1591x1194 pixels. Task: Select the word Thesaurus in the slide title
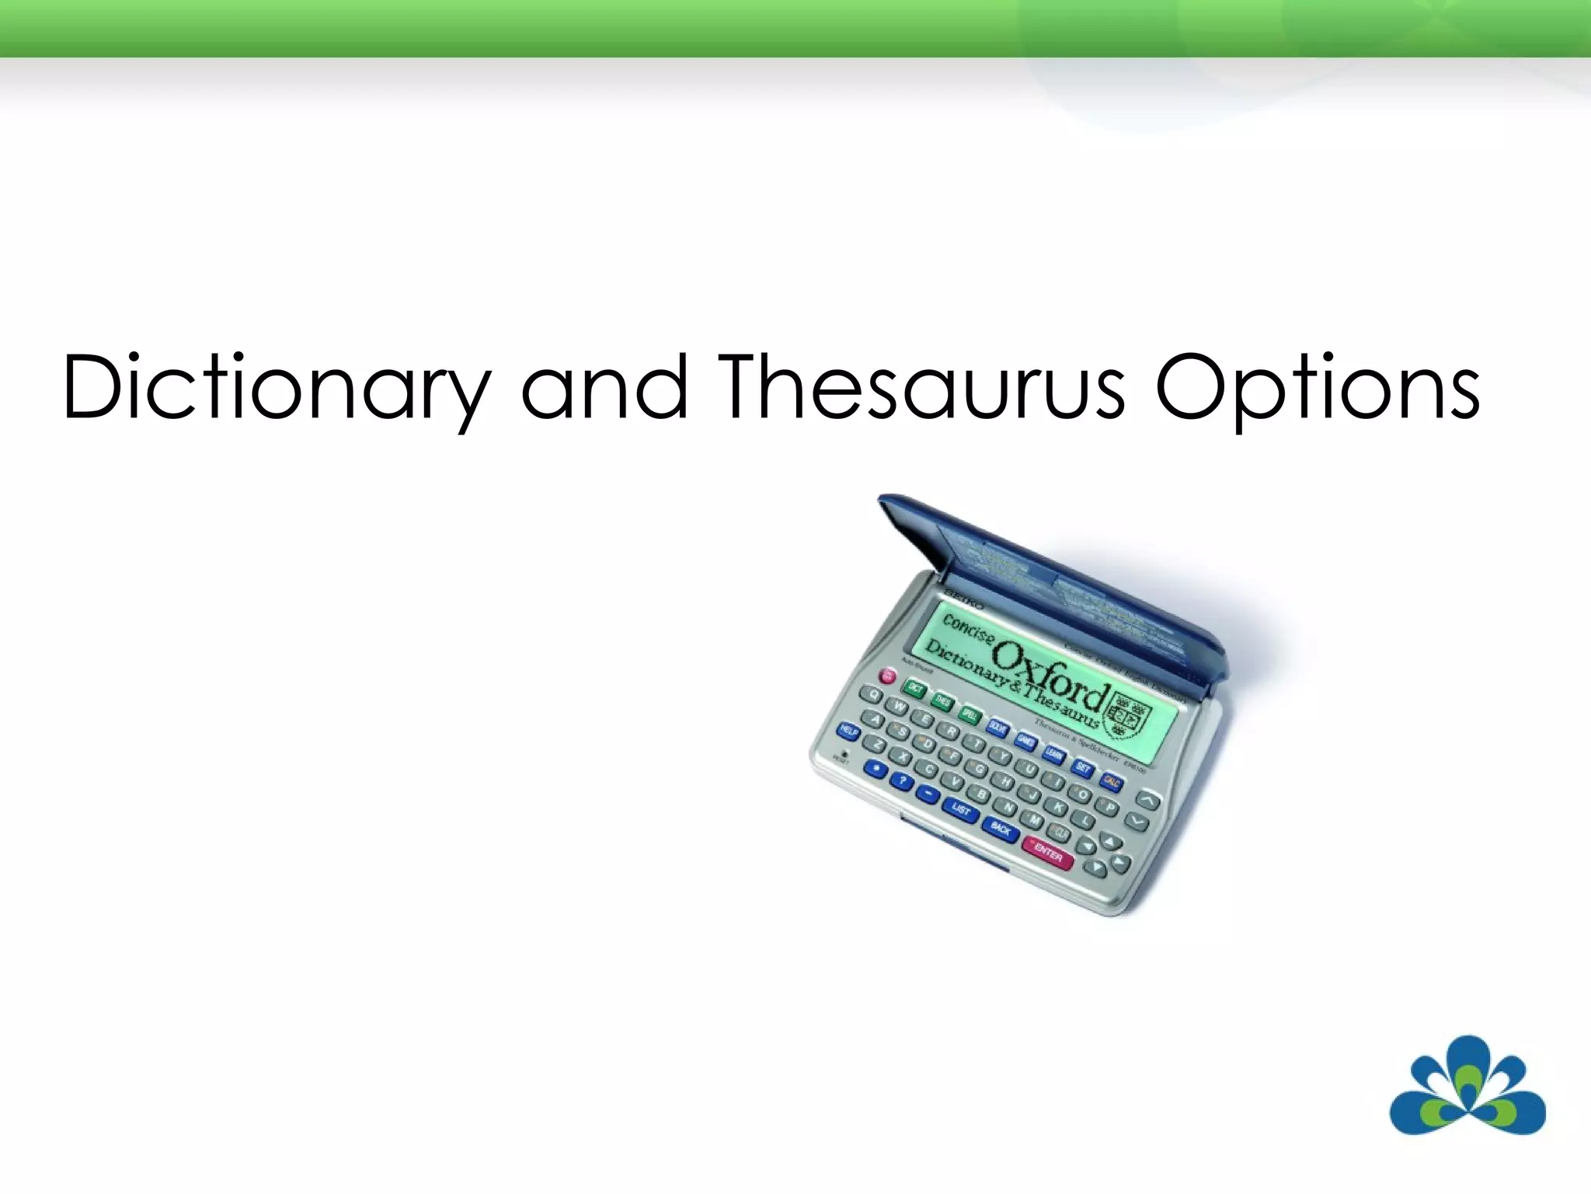pyautogui.click(x=923, y=386)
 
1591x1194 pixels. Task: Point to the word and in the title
pyautogui.click(x=604, y=386)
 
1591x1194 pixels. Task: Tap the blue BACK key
pyautogui.click(x=1001, y=829)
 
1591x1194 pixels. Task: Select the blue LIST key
pyautogui.click(x=961, y=811)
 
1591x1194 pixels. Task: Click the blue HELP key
pyautogui.click(x=848, y=731)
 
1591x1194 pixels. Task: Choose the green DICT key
pyautogui.click(x=915, y=688)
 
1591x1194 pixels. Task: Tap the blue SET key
pyautogui.click(x=1083, y=768)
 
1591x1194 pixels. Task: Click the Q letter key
pyautogui.click(x=875, y=695)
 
